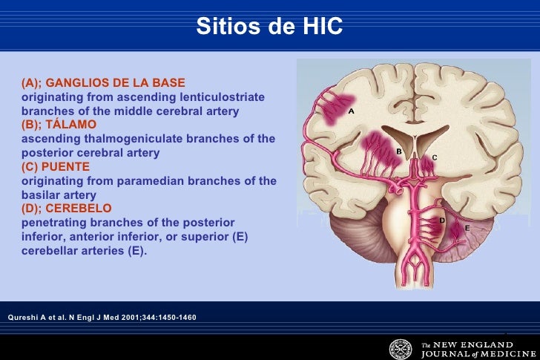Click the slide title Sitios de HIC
[x=269, y=27]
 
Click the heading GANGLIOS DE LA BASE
[x=115, y=82]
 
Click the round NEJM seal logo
[x=401, y=348]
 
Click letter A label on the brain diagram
[x=351, y=111]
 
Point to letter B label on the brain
[x=398, y=151]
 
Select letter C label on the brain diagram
[x=435, y=157]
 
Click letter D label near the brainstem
[x=442, y=220]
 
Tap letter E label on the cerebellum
[x=467, y=229]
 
